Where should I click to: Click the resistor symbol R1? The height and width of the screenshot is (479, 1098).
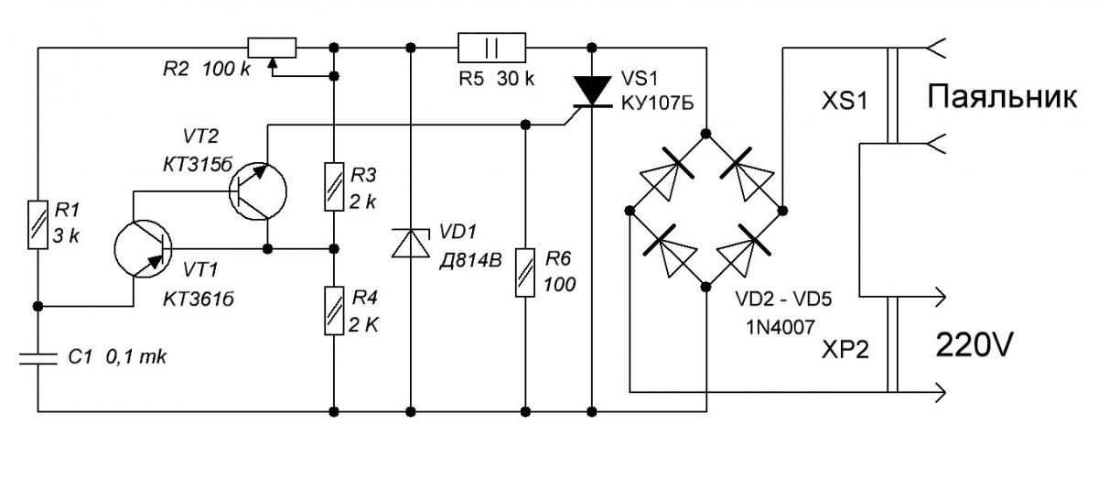38,224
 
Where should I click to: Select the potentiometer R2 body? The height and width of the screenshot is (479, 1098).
272,49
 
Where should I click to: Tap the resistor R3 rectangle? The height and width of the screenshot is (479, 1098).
334,187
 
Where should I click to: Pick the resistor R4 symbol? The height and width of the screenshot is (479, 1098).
334,311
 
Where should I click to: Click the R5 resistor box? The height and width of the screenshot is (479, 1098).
491,48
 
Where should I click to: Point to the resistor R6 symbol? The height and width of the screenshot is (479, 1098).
525,272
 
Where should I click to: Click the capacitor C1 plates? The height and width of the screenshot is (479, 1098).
38,359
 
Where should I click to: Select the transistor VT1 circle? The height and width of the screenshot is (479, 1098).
143,248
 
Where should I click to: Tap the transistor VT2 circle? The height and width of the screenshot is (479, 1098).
258,191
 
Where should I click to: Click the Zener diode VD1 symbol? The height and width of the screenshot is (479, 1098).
411,243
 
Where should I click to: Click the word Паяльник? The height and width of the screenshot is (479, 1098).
1002,97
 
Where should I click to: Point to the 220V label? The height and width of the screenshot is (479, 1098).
974,344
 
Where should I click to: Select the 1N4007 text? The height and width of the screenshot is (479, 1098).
780,327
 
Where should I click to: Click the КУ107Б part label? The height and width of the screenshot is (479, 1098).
657,103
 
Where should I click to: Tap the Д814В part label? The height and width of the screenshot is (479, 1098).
470,260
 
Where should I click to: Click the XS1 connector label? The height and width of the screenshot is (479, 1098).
845,101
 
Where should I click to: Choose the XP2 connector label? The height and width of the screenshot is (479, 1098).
845,350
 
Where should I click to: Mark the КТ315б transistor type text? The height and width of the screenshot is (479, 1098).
198,165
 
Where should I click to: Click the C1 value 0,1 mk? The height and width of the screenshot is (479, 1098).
135,357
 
